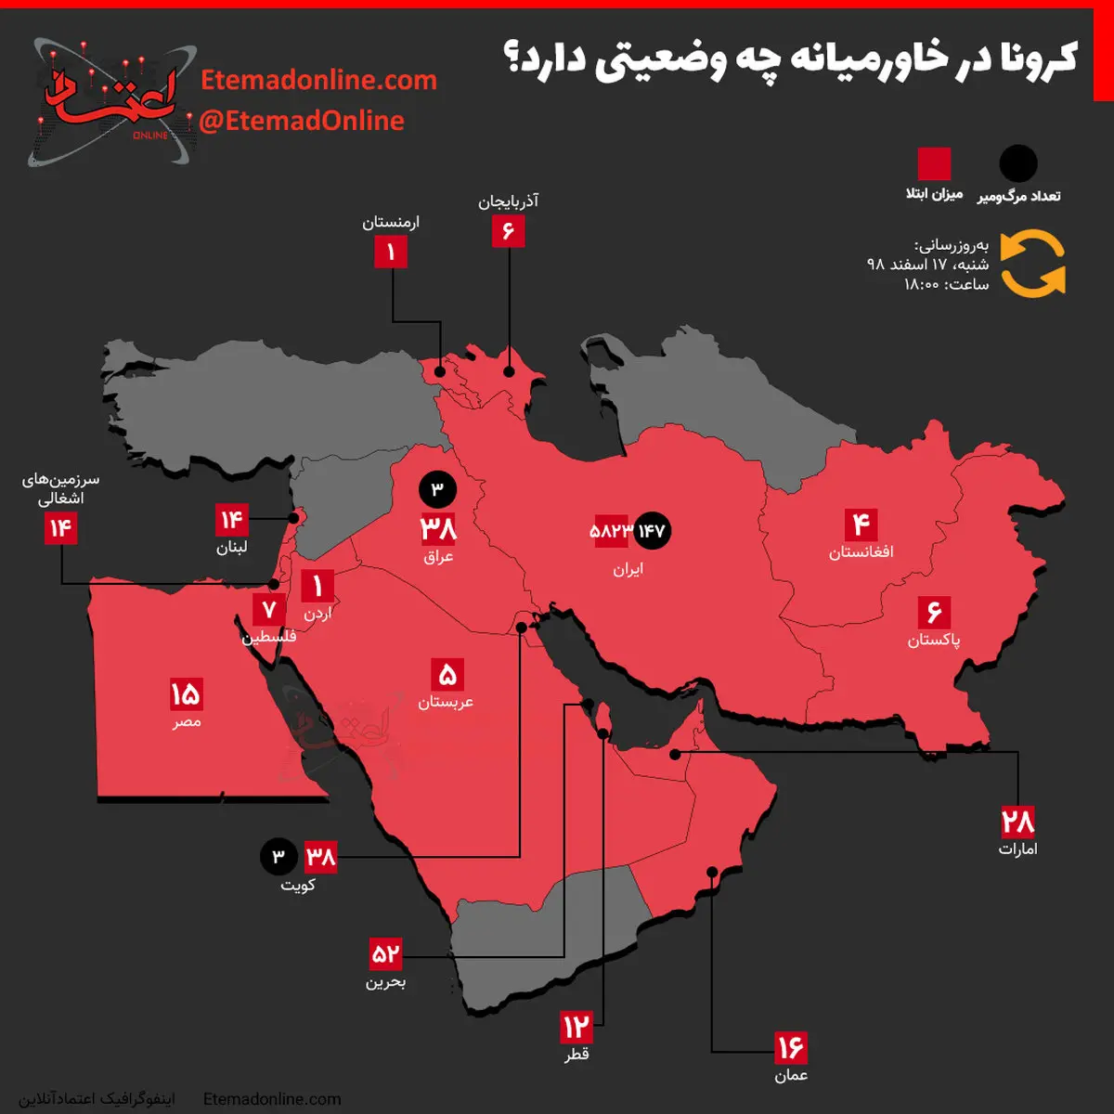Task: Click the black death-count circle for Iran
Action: tap(652, 531)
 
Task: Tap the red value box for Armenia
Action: tap(391, 252)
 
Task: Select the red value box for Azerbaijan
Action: tap(508, 230)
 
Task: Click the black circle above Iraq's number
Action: tap(437, 489)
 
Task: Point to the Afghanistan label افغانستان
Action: tap(861, 552)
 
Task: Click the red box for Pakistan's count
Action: tap(934, 613)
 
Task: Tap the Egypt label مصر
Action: tap(186, 721)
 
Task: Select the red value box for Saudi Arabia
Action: tap(447, 675)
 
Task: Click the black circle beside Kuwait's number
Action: tap(278, 856)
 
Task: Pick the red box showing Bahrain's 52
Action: tap(385, 953)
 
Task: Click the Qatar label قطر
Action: tap(576, 1055)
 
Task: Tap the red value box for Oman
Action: tap(791, 1048)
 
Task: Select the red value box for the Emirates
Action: tap(1017, 823)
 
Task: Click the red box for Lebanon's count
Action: tap(231, 520)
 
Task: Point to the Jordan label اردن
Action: tap(317, 614)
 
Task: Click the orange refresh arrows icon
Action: tap(1033, 265)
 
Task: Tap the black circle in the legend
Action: tap(1017, 164)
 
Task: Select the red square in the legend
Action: tap(934, 164)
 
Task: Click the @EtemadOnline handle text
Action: tap(302, 121)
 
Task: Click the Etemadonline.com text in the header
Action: tap(318, 80)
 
